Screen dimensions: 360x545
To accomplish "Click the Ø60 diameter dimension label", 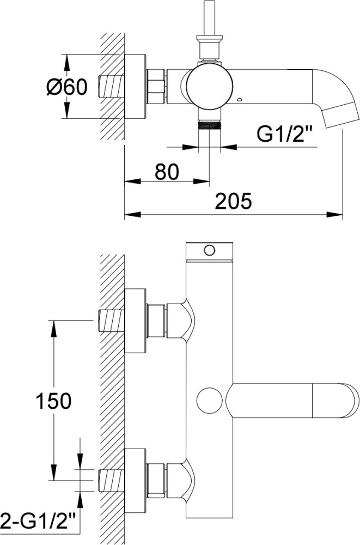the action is (66, 86).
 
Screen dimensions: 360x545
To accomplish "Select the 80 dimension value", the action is (167, 172).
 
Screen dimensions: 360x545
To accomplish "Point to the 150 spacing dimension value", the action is (53, 401).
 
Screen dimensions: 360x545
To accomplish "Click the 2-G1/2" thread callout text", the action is (38, 522).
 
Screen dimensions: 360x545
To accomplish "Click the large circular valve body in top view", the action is (210, 87).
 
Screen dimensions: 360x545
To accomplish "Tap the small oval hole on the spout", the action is (239, 100).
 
